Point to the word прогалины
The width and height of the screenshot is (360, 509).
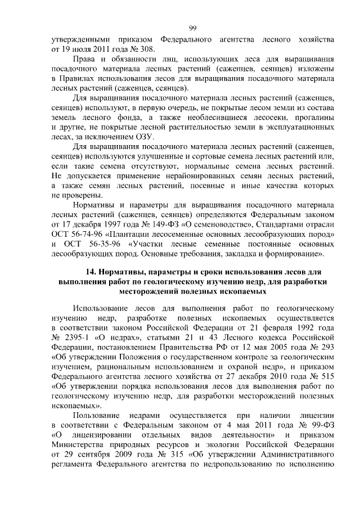315,118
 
